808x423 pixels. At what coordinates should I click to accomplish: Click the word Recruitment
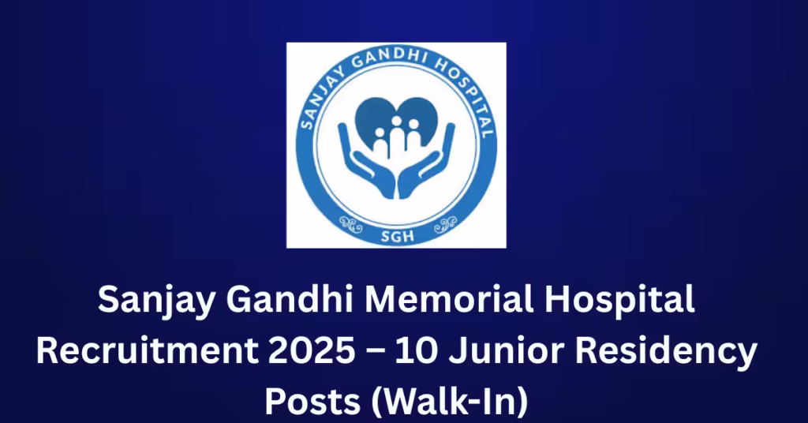pos(147,351)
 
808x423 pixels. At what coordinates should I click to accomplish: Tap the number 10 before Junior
pos(417,351)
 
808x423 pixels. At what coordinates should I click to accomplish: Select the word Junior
pos(506,351)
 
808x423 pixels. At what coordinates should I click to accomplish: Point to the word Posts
pos(312,402)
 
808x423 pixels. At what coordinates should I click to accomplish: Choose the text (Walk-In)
pos(449,402)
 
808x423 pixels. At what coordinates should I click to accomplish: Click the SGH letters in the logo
pos(398,236)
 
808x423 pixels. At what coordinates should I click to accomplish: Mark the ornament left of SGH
pos(350,224)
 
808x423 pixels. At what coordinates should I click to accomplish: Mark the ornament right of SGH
pos(445,224)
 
